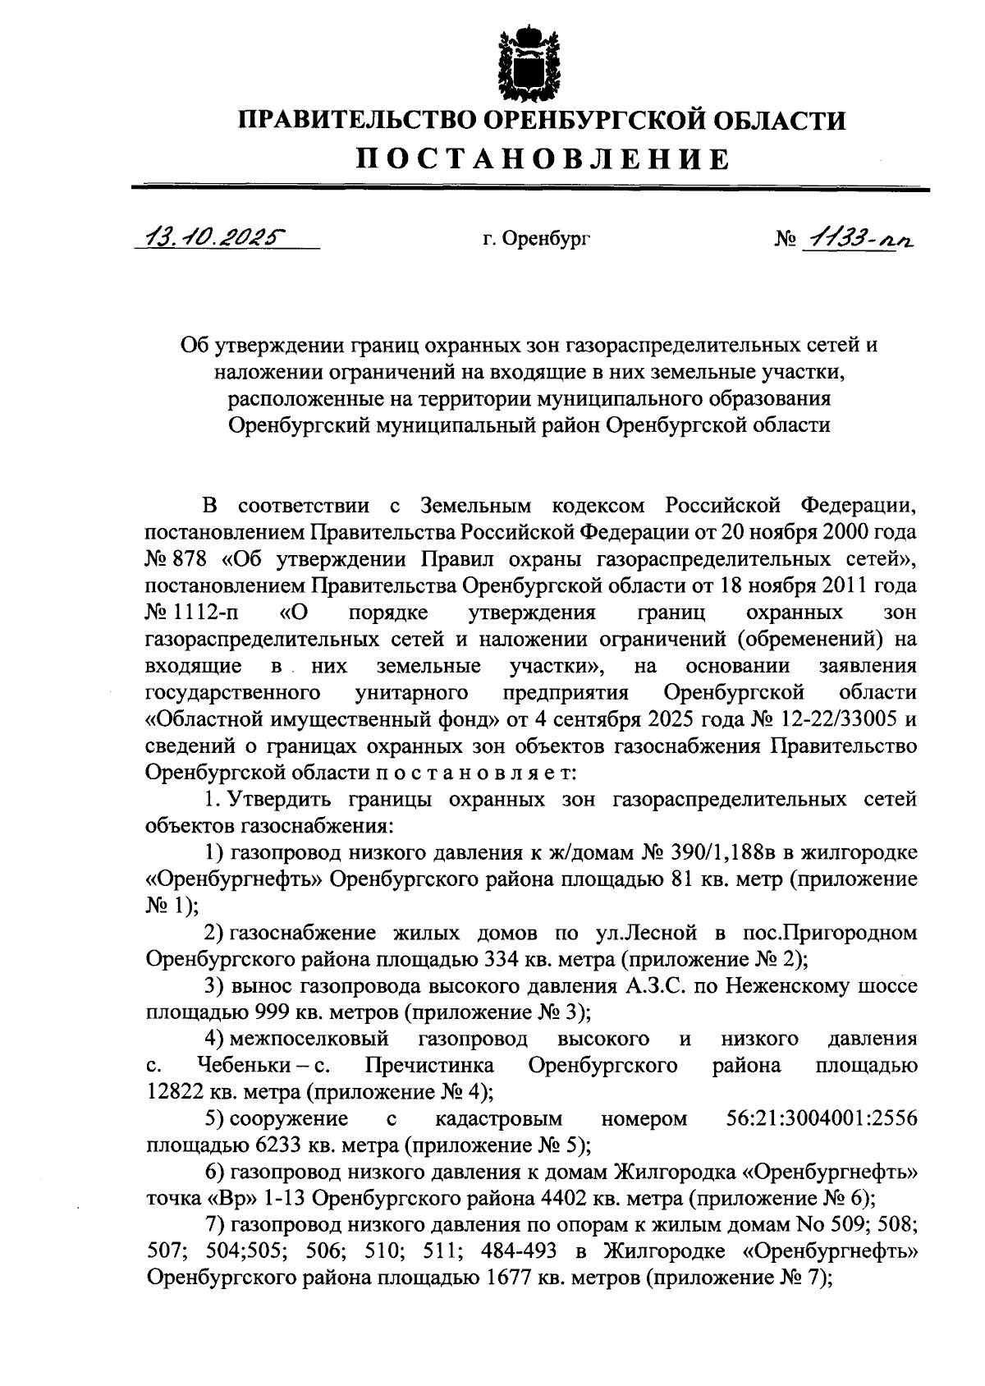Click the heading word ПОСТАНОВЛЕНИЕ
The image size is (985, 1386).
pos(541,158)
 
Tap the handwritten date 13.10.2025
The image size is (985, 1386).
pos(211,238)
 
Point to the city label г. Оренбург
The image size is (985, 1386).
pos(536,239)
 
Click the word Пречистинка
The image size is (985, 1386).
pos(429,1066)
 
